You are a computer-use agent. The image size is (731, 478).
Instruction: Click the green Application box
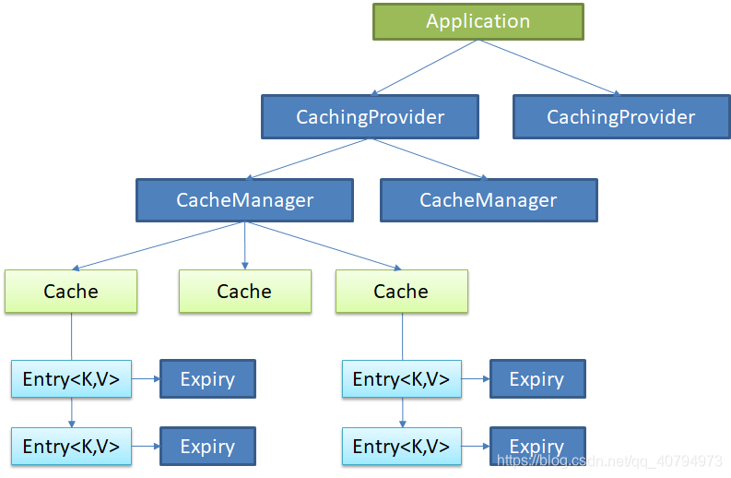click(478, 21)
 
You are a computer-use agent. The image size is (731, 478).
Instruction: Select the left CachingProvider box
click(370, 117)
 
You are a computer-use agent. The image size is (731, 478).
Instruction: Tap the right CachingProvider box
click(620, 117)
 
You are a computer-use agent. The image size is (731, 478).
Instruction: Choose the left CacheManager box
click(244, 200)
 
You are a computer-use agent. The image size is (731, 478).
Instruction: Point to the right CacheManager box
click(488, 200)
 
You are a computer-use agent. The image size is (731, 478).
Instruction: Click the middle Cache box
click(244, 291)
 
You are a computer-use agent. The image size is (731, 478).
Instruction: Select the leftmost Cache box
click(71, 291)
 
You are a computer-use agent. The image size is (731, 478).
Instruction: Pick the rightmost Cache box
click(401, 291)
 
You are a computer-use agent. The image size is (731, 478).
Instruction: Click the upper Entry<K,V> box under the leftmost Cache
click(71, 379)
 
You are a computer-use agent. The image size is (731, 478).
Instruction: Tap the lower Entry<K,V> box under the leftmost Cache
click(71, 446)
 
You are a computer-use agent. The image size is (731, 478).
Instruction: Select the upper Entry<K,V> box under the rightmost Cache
click(401, 379)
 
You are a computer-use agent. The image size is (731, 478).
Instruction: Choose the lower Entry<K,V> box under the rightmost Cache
click(401, 446)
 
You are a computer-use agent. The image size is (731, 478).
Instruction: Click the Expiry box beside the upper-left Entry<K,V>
click(207, 379)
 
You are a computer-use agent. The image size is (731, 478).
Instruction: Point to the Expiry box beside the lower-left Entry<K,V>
click(207, 446)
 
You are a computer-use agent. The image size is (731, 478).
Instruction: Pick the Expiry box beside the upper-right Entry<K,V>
click(536, 379)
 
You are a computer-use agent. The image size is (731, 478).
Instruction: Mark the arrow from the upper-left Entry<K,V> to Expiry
click(146, 379)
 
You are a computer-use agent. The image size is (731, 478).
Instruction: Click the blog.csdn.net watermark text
click(609, 460)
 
